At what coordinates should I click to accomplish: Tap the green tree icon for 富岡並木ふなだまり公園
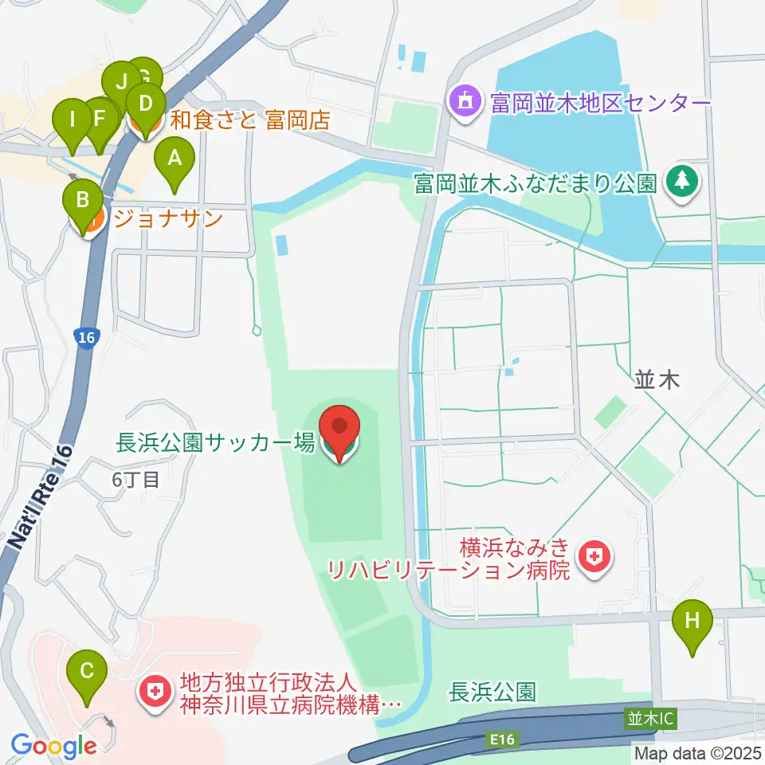[x=682, y=182]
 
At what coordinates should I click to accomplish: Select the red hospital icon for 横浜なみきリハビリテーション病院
[x=592, y=557]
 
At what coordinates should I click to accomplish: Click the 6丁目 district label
[x=136, y=479]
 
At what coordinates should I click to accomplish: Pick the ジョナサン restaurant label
[x=167, y=219]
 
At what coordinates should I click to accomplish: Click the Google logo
[x=54, y=746]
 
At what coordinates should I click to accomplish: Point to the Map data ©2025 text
[x=698, y=752]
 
